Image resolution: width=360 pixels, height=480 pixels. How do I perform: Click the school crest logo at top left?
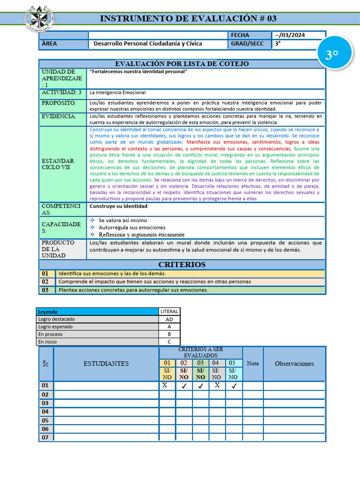click(42, 19)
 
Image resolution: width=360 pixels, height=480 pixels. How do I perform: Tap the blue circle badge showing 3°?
click(332, 55)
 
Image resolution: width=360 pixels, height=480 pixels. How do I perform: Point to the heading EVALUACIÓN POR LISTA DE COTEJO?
click(182, 64)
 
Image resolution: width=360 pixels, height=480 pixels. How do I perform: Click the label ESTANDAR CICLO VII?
click(58, 164)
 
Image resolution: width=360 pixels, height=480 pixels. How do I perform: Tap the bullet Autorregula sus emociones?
click(125, 227)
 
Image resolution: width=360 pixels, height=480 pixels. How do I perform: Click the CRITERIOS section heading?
click(182, 265)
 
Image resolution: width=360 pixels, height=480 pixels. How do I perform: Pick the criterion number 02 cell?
click(45, 282)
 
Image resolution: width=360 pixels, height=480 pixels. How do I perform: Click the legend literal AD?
click(169, 319)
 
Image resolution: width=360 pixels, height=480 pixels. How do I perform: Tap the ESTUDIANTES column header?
click(106, 363)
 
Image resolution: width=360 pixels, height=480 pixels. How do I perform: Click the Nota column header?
click(253, 363)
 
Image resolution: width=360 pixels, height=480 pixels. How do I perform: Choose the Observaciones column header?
click(294, 363)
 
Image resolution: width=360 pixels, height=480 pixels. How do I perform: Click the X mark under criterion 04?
click(217, 385)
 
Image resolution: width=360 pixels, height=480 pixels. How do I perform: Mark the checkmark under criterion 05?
click(234, 386)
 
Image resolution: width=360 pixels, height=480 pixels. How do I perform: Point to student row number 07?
click(45, 437)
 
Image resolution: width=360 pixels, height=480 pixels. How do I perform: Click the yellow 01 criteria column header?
click(167, 363)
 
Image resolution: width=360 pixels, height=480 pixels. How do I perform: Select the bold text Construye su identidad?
click(119, 206)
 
